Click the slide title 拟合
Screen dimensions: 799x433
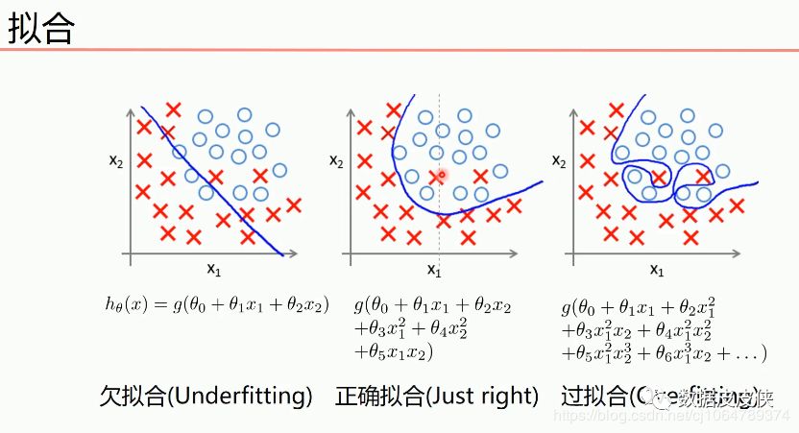pyautogui.click(x=41, y=28)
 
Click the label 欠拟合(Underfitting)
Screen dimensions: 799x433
pyautogui.click(x=206, y=396)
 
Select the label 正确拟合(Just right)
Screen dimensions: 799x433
pyautogui.click(x=437, y=396)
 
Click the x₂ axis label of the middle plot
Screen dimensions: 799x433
pyautogui.click(x=337, y=160)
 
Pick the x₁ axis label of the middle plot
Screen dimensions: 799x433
pyautogui.click(x=434, y=272)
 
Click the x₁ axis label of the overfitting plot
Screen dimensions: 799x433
pyautogui.click(x=657, y=270)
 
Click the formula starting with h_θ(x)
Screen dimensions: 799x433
pyautogui.click(x=217, y=304)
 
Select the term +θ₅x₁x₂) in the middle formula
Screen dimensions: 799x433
pyautogui.click(x=395, y=352)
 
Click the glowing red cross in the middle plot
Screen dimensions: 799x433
pyautogui.click(x=441, y=175)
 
